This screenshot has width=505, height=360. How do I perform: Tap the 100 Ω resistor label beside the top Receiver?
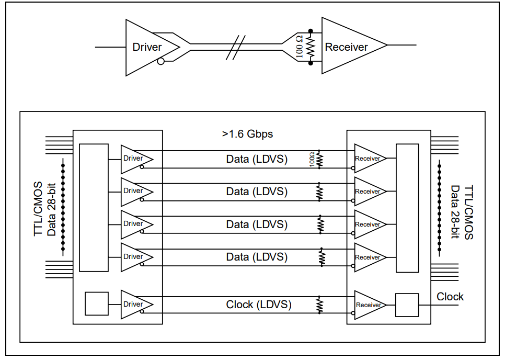pos(299,47)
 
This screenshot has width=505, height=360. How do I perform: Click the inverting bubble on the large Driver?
pos(161,62)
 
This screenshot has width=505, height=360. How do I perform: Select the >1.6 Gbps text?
pos(247,134)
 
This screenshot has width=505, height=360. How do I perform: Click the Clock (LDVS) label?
pos(258,305)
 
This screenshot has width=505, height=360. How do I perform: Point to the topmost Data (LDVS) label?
pos(257,159)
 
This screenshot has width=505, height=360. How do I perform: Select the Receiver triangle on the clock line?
pos(368,305)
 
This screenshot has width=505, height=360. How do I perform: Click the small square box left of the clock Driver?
pos(97,304)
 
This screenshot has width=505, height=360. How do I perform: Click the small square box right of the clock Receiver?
pos(407,305)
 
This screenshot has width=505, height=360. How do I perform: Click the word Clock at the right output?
pos(450,297)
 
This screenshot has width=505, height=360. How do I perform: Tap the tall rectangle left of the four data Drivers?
pos(94,208)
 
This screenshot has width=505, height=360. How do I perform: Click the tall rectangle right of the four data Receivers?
pos(407,208)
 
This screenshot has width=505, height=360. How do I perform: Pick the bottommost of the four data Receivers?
pos(368,257)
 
